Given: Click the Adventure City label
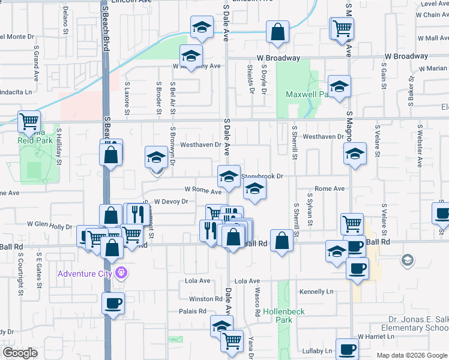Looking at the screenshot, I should pyautogui.click(x=85, y=274).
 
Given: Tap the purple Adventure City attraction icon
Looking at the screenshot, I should pyautogui.click(x=122, y=274).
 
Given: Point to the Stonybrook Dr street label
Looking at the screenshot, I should pyautogui.click(x=262, y=176).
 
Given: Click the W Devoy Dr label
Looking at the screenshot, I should pyautogui.click(x=170, y=202).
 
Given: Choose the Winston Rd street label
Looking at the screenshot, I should pyautogui.click(x=205, y=299).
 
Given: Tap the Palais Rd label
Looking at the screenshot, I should pyautogui.click(x=192, y=311).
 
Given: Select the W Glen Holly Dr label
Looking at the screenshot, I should pyautogui.click(x=49, y=224).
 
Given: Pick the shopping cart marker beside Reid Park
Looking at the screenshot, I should pyautogui.click(x=29, y=121).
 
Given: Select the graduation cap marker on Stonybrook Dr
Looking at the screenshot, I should pyautogui.click(x=229, y=176).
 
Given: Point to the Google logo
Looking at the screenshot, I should pyautogui.click(x=20, y=353).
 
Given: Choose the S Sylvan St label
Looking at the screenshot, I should pyautogui.click(x=310, y=209).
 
